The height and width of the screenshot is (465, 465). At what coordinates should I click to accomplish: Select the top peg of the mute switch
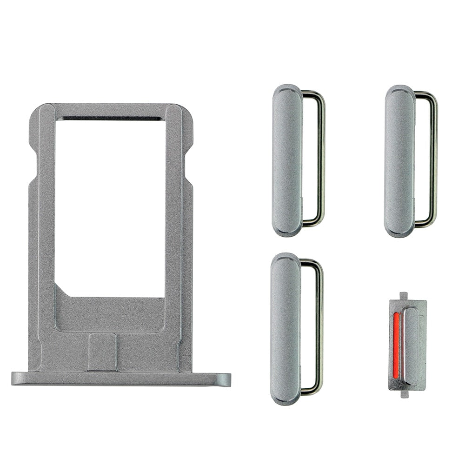pyautogui.click(x=403, y=295)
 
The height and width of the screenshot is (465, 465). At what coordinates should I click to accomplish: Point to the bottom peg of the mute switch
pyautogui.click(x=404, y=394)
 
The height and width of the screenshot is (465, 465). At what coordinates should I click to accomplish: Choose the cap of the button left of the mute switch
pyautogui.click(x=286, y=328)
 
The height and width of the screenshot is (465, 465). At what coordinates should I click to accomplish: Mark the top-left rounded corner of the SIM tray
pyautogui.click(x=36, y=114)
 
